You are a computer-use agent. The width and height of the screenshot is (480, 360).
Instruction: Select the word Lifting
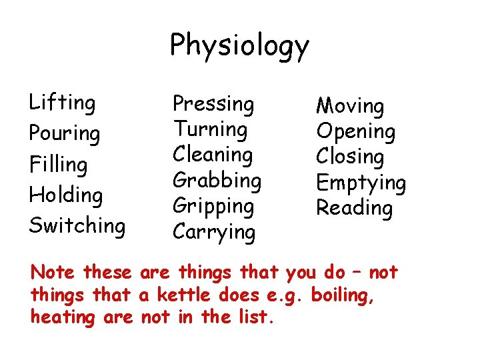pos(62,103)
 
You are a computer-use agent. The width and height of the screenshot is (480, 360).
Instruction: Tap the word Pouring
pos(64,134)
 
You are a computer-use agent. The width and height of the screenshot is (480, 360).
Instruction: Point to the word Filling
pos(58,165)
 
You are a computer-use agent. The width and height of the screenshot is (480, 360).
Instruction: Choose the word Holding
pos(65,195)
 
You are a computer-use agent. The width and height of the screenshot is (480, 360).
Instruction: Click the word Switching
pos(77,226)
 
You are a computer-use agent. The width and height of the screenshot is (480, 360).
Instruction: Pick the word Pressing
pos(213,104)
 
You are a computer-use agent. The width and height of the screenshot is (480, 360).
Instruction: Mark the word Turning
pos(210,129)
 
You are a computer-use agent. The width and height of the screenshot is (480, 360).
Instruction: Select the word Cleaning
pos(213,155)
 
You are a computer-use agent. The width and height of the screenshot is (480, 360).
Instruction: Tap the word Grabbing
pos(217,181)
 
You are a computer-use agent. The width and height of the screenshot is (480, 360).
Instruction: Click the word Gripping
pos(213,206)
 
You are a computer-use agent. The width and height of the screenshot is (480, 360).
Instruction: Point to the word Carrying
pos(213,232)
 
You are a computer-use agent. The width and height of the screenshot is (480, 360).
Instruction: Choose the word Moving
pos(350,106)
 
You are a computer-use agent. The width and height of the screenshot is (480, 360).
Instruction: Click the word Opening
pos(355,132)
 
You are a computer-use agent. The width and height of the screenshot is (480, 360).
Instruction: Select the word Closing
pos(350,157)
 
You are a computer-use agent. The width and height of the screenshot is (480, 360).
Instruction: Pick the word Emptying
pos(361,183)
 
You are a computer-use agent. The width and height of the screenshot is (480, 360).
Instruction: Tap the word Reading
pos(354,208)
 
